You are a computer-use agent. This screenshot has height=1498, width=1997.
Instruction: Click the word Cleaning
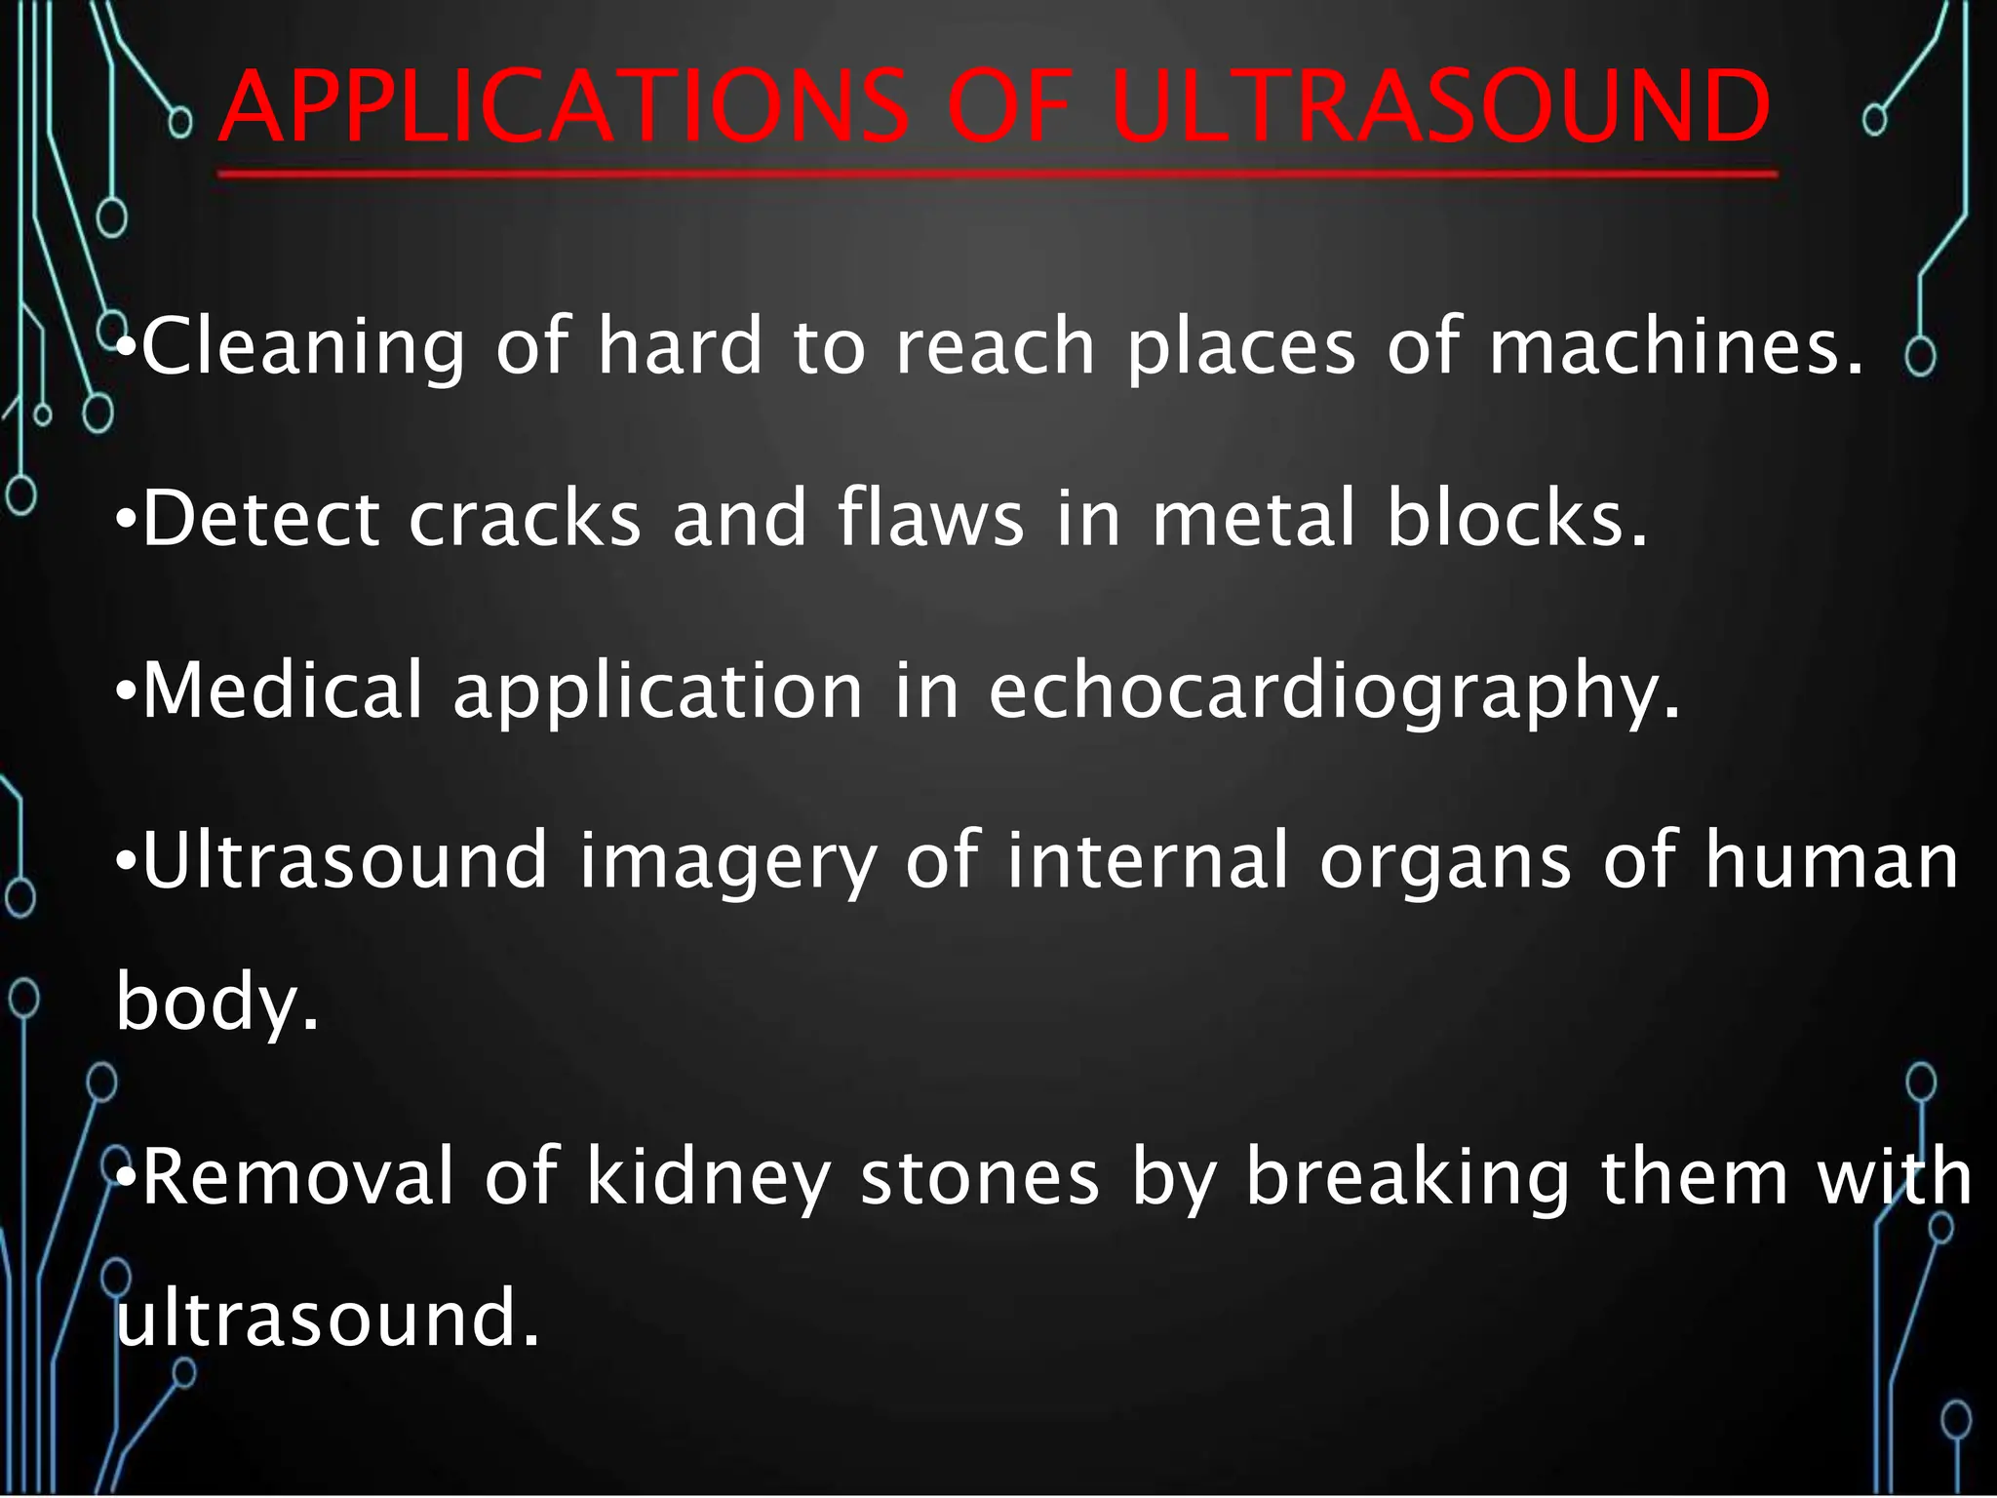(303, 346)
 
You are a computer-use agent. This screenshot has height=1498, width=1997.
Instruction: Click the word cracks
(525, 519)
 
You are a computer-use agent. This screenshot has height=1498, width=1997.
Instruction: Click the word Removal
(298, 1177)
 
